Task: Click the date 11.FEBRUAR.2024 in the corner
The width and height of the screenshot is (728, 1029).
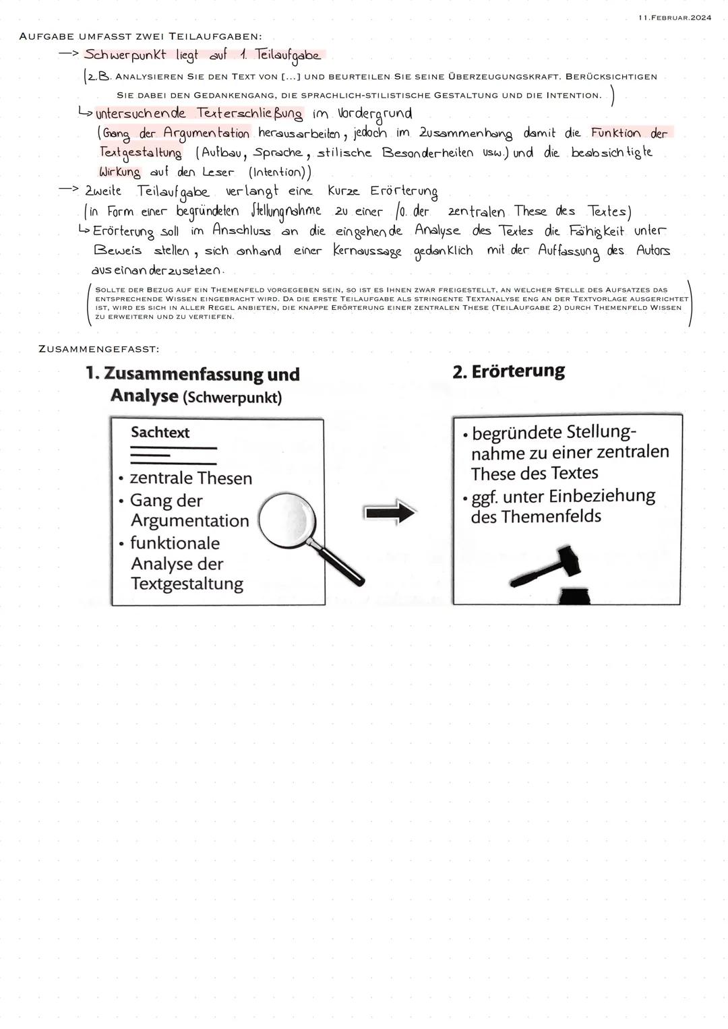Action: (x=673, y=18)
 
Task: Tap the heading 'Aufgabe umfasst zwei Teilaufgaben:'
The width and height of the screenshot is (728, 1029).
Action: (x=140, y=36)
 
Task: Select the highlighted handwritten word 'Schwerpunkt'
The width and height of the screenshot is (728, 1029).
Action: (x=125, y=55)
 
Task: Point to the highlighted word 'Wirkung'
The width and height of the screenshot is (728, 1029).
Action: (x=119, y=172)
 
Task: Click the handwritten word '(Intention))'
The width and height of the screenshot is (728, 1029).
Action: (x=280, y=173)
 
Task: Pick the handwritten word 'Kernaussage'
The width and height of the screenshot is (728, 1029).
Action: (x=367, y=251)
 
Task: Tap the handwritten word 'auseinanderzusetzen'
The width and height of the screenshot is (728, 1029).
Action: (x=157, y=270)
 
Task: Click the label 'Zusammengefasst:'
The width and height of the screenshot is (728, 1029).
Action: (x=99, y=349)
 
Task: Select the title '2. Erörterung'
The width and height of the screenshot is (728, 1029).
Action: (x=508, y=371)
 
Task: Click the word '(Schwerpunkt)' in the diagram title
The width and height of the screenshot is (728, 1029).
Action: (x=232, y=397)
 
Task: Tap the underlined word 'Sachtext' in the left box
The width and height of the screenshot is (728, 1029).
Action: (x=160, y=433)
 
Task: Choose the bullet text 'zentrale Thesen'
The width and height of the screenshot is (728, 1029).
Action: (x=190, y=478)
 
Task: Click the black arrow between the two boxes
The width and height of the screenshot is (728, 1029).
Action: (x=390, y=513)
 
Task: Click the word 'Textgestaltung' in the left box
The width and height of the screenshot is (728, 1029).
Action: (x=187, y=584)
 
